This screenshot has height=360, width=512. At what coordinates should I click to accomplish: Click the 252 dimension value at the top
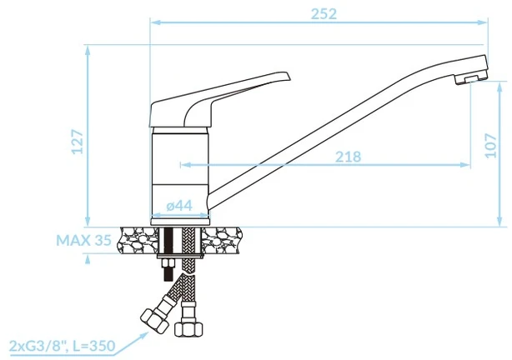[324, 14]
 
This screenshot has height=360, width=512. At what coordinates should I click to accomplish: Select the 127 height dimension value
[78, 142]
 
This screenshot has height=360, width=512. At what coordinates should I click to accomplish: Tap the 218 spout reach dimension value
[349, 157]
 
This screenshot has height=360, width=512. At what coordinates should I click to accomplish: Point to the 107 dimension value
[491, 146]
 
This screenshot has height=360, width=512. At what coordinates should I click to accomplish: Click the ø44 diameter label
[179, 206]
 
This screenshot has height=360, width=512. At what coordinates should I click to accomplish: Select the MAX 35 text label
[84, 241]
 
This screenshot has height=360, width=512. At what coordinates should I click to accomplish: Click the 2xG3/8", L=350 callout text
[62, 346]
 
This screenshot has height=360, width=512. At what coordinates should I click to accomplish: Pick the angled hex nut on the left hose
[154, 321]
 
